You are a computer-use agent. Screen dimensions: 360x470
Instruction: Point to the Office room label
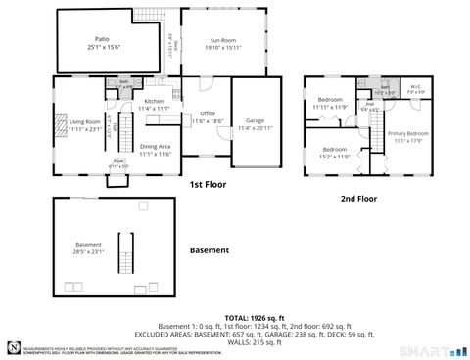pyautogui.click(x=207, y=113)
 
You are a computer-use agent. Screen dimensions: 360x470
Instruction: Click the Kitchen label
pyautogui.click(x=155, y=102)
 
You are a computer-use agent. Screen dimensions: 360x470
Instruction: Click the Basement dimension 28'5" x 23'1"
pyautogui.click(x=89, y=250)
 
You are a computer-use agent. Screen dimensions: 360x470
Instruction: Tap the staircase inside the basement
pyautogui.click(x=123, y=253)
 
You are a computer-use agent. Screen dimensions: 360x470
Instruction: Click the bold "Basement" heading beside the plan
pyautogui.click(x=209, y=250)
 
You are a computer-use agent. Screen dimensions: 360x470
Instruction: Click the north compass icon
pyautogui.click(x=11, y=346)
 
